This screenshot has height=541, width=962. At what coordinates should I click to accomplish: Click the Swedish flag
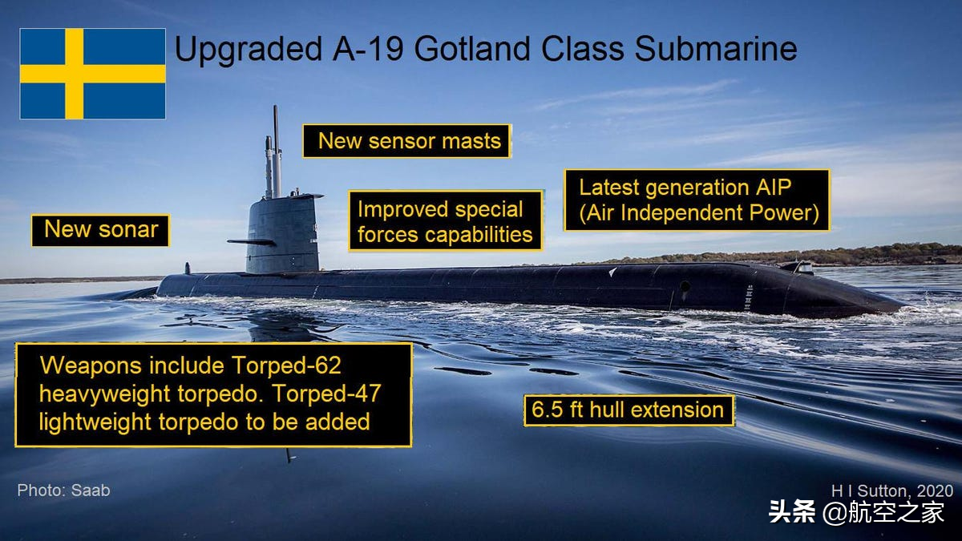pos(92,74)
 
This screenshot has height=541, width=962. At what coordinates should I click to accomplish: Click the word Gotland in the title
pos(472,49)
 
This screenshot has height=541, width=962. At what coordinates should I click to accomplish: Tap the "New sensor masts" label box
pos(407,141)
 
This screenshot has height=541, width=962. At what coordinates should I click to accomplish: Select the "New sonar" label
pos(100,230)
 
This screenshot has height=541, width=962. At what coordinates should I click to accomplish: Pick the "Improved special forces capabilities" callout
pos(446,221)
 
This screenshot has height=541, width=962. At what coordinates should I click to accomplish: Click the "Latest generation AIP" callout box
pos(697,200)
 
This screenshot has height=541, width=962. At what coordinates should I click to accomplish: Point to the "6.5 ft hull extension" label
pos(629,410)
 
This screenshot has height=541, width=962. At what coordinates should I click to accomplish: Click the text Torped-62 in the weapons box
pos(286,365)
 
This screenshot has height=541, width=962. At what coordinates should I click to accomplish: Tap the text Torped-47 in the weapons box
pos(327,394)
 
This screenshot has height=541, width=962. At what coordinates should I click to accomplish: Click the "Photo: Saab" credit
pos(63,491)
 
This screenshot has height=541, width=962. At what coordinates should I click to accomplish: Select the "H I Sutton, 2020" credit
pos(892,491)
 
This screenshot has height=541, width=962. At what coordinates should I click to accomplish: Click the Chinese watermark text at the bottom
pos(856,512)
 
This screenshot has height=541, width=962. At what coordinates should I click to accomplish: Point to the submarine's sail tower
pos(284,234)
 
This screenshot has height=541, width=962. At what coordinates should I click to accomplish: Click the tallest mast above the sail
pos(276,151)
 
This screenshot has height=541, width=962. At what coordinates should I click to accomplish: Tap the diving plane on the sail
pos(251,242)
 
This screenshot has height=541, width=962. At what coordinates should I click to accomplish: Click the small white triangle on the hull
pos(612,272)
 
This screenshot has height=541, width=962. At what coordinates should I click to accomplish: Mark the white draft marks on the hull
pos(749,297)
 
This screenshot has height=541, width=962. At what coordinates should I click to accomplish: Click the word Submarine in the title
pos(716,49)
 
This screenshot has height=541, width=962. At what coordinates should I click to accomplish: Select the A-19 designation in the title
pos(368,49)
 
